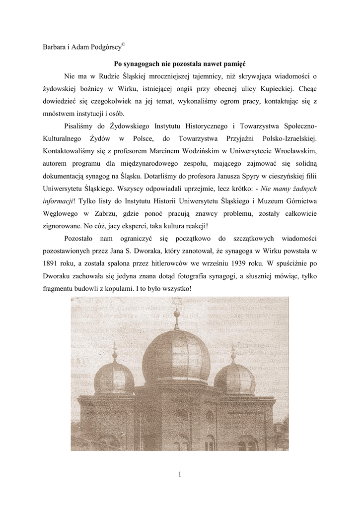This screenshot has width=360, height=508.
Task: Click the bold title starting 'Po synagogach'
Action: click(180, 64)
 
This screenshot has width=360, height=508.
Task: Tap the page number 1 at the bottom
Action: click(180, 474)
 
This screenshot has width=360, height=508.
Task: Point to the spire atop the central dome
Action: click(176, 317)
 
